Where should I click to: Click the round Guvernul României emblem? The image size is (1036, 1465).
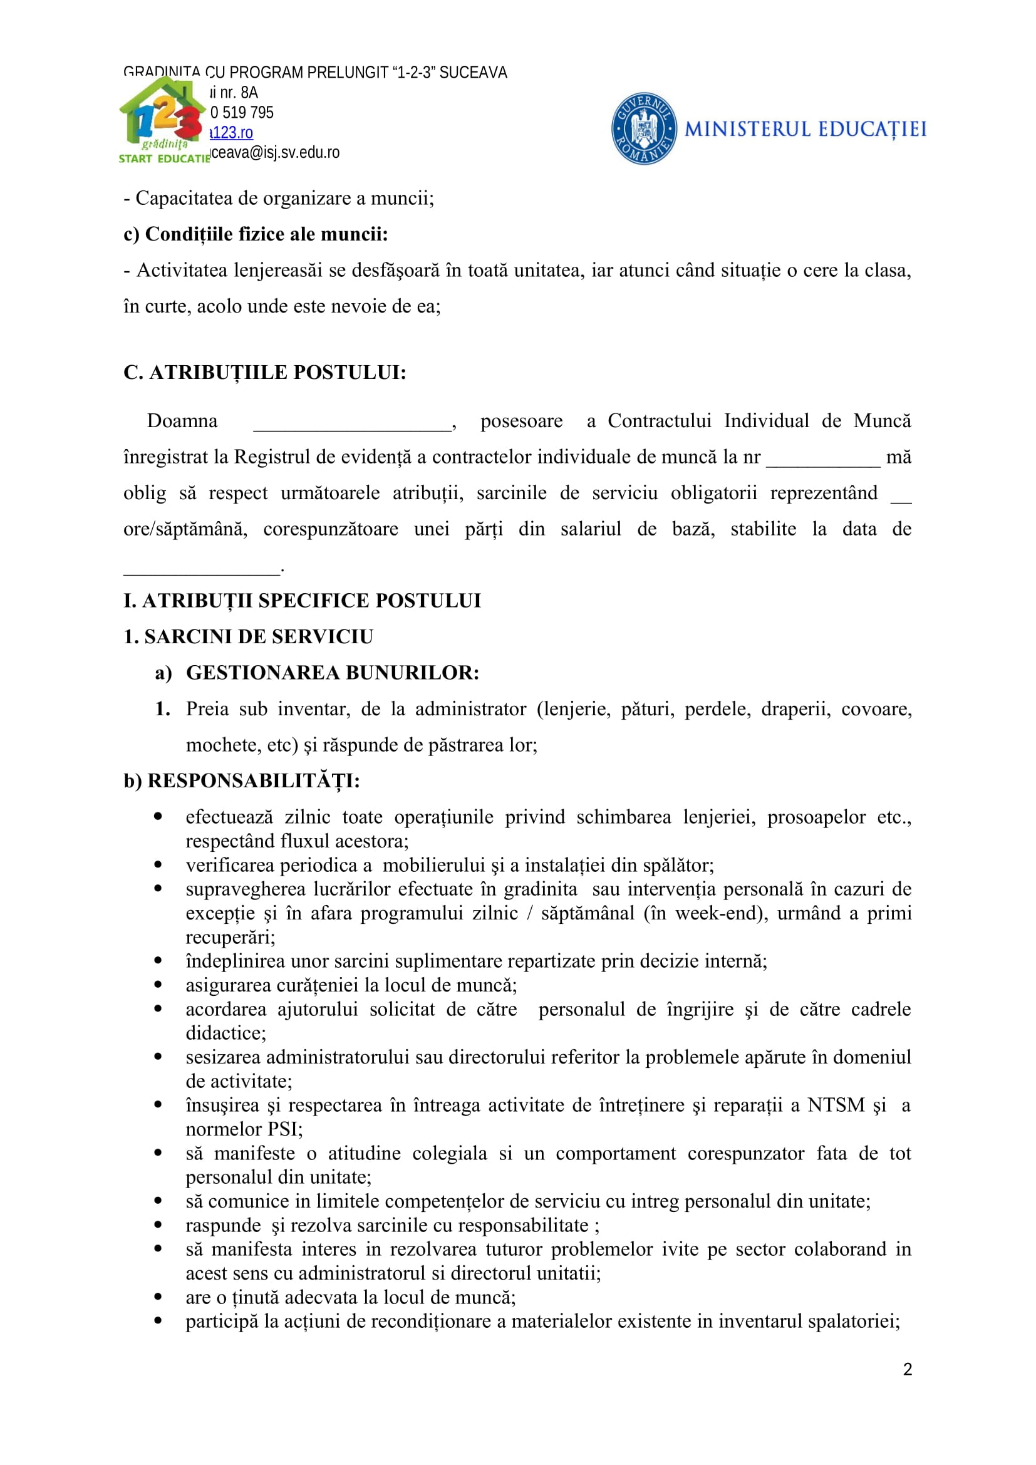[x=644, y=128]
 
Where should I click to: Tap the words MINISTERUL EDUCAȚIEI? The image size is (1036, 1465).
[x=805, y=130]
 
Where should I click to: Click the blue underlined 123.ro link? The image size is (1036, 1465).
[x=232, y=133]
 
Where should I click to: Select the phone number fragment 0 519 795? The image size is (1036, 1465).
[x=242, y=113]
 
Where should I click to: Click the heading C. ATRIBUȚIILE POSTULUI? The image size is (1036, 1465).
[x=265, y=372]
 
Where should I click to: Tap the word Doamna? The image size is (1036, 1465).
[x=182, y=421]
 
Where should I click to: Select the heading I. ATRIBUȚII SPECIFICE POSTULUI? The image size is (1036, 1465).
[x=302, y=601]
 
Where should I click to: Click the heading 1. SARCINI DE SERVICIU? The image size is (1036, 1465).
[x=248, y=637]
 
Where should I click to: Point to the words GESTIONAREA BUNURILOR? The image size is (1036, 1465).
[x=333, y=673]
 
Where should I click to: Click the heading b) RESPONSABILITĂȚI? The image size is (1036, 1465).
[x=242, y=781]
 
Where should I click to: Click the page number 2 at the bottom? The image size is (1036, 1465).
[x=907, y=1369]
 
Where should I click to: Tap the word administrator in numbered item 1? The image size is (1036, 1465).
[x=471, y=709]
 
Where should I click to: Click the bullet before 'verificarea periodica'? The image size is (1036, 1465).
[x=158, y=864]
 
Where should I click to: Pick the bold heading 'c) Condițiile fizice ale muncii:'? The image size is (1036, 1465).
[x=256, y=234]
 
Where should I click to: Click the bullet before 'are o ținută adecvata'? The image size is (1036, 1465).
[x=158, y=1297]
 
